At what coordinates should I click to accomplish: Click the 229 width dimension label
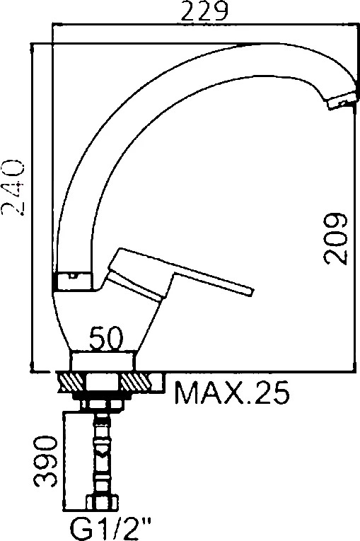pos(204,11)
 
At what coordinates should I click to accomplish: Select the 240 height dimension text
pos(13,187)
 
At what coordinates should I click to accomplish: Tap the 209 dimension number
pos(336,239)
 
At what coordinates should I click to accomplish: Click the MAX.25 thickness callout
pos(231,392)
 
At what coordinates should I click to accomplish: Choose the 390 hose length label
pos(45,461)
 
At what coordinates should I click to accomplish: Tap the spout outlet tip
pos(342,102)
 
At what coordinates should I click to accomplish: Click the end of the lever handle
pos(249,291)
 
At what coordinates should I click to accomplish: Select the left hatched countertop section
pos(71,383)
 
